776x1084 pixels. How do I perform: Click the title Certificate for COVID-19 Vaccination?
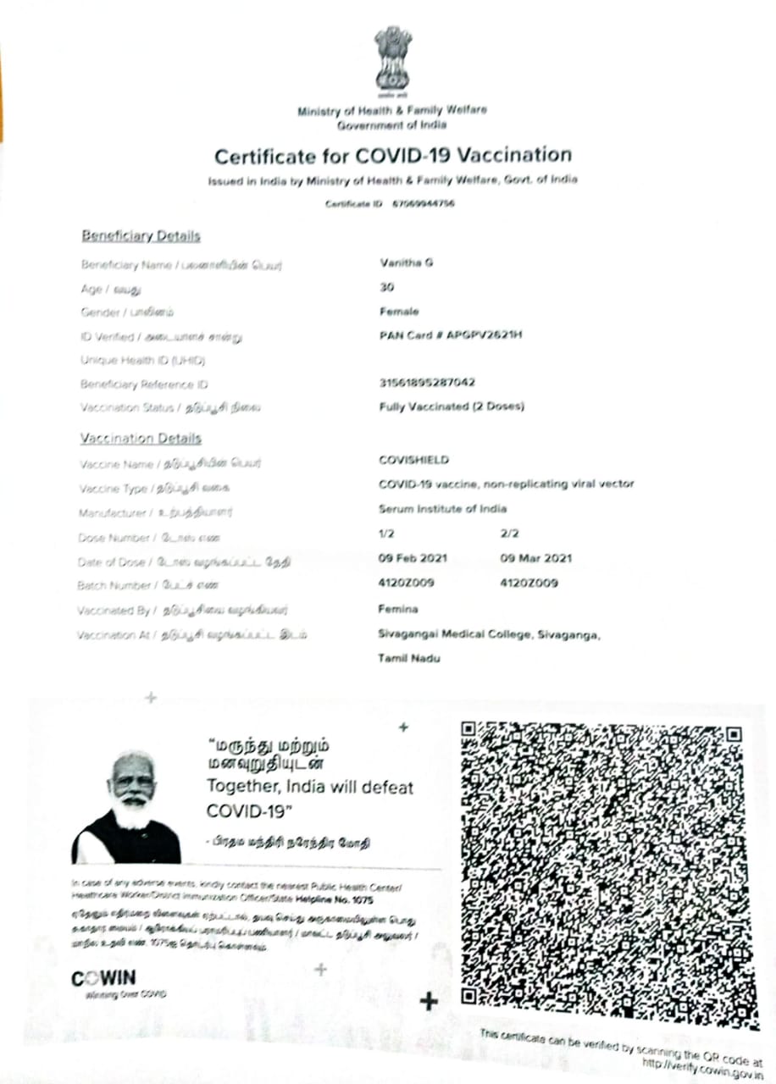pos(392,156)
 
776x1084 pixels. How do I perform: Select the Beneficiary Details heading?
pos(141,235)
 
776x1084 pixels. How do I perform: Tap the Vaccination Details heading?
pos(141,438)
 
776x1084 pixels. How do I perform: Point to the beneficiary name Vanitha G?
pos(407,263)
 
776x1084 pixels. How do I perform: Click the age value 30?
pos(388,288)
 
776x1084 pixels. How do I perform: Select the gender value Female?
pos(399,312)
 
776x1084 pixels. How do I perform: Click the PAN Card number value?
pos(451,335)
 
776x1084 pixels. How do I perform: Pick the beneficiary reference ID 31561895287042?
pos(426,383)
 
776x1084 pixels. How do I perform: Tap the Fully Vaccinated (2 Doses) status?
pos(452,406)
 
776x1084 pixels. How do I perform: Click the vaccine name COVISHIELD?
pos(413,460)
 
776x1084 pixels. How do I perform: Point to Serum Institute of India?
pos(442,509)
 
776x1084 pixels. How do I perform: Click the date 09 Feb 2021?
pos(413,559)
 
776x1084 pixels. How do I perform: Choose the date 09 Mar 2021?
pos(536,559)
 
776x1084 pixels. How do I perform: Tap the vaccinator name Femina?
pos(397,609)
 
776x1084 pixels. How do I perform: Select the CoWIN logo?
pos(103,979)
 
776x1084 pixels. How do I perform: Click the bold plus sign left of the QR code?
pos(429,1001)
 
